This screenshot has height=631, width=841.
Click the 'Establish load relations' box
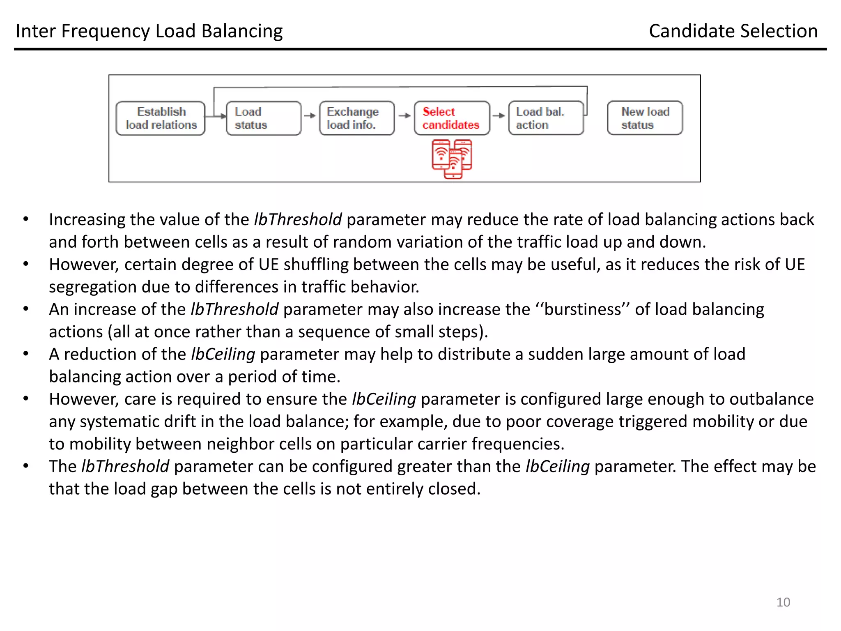(x=161, y=118)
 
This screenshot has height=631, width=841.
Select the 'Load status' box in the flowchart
(x=263, y=118)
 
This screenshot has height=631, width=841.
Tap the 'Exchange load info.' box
(x=356, y=118)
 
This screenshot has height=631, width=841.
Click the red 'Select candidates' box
(x=452, y=118)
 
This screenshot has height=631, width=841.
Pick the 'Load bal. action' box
(x=546, y=118)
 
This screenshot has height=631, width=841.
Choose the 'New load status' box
(x=645, y=118)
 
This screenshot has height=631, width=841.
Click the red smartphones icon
(x=452, y=159)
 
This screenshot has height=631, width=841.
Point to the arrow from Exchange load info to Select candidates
(x=404, y=116)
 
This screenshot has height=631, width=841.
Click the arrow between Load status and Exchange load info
(x=310, y=116)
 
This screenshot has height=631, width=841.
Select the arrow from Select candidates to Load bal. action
(x=499, y=116)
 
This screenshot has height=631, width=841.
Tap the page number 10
(x=783, y=602)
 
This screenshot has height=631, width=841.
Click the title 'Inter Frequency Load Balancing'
(x=149, y=31)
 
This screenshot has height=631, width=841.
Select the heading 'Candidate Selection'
(x=733, y=31)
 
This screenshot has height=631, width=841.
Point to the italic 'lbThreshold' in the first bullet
(x=298, y=220)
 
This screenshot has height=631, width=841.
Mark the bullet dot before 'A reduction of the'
(x=26, y=354)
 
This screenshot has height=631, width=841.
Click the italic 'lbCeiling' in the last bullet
(x=557, y=467)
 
